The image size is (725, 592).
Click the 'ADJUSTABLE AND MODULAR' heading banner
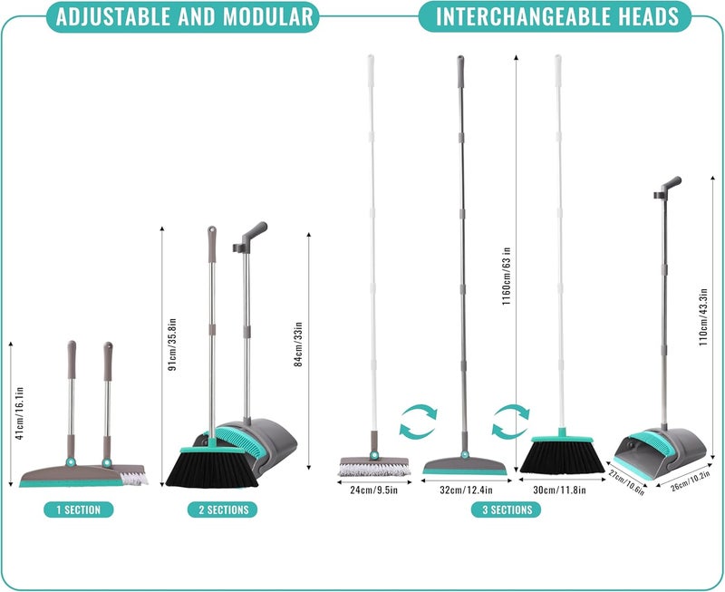click(183, 16)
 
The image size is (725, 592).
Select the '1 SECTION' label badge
click(79, 510)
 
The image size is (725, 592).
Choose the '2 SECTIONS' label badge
click(222, 510)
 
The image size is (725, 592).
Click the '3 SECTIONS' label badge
click(506, 510)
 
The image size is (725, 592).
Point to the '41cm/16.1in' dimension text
click(19, 413)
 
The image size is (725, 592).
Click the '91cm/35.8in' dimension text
click(172, 345)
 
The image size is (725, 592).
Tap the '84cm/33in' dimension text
click(299, 345)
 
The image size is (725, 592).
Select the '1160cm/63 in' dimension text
click(507, 277)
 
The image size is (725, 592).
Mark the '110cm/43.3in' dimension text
click(704, 317)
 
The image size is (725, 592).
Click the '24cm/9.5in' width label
click(374, 490)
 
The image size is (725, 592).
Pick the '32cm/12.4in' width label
click(466, 490)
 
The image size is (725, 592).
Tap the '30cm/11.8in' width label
click(559, 490)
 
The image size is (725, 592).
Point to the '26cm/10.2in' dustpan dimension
click(691, 481)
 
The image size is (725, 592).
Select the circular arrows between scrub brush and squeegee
click(418, 420)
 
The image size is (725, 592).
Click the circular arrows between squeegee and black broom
click(510, 420)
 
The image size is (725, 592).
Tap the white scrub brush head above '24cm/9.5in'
click(374, 467)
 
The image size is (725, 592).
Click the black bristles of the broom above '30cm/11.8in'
click(562, 458)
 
